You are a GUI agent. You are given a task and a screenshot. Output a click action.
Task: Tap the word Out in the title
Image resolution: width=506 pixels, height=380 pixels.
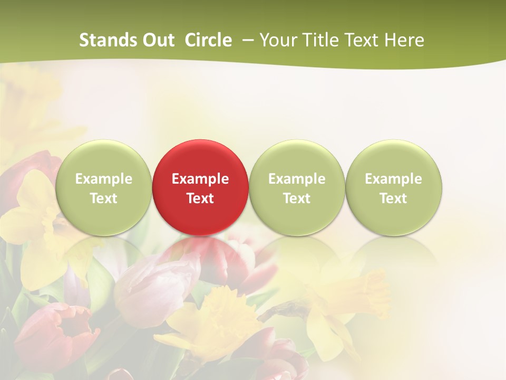(x=159, y=40)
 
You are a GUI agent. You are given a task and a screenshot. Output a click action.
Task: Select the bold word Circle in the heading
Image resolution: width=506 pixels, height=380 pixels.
(x=208, y=40)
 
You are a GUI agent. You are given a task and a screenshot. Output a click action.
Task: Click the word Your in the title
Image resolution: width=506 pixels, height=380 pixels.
(x=278, y=40)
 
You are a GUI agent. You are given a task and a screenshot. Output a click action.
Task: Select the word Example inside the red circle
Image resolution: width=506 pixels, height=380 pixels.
(x=200, y=179)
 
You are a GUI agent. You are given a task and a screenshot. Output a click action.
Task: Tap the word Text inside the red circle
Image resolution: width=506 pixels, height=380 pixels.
(x=200, y=198)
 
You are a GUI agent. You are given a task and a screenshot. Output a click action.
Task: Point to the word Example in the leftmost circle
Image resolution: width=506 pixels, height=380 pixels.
(x=103, y=179)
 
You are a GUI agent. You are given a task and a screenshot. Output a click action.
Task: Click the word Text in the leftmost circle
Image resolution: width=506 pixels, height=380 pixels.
(x=103, y=198)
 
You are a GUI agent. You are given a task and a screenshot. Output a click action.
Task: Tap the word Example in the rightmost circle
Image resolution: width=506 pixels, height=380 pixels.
(x=394, y=179)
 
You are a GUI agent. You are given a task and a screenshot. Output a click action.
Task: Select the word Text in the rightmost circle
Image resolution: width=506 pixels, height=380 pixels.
(x=394, y=198)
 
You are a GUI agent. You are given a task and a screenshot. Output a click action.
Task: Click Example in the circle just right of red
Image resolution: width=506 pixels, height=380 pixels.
(x=297, y=179)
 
